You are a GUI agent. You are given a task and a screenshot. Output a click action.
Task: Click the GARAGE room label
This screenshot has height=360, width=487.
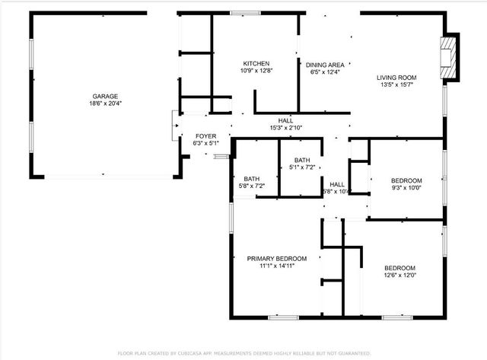coord(105,96)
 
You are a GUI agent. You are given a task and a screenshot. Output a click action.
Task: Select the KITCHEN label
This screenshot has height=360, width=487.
coord(256,63)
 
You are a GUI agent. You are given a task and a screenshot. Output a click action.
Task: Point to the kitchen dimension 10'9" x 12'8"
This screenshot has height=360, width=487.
coord(256,71)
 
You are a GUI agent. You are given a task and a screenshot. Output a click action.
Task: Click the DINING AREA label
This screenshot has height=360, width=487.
coord(326,65)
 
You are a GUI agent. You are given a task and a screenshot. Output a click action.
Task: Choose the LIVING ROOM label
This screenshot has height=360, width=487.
coord(396,77)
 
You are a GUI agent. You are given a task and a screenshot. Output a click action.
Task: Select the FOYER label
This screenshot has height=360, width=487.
coord(205,135)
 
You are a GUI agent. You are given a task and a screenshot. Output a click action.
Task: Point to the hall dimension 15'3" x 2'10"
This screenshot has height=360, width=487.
coord(285,128)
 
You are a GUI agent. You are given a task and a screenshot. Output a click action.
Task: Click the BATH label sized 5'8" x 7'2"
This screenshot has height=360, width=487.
coord(251,178)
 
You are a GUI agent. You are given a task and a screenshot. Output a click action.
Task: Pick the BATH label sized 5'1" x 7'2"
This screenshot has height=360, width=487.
coord(302,160)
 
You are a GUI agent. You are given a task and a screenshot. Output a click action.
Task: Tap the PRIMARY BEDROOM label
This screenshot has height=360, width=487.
coord(276,258)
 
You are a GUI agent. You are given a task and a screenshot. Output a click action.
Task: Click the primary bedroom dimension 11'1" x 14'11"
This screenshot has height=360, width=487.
coord(276,266)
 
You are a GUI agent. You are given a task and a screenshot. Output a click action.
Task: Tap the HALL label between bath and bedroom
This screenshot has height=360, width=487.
coord(336,184)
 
